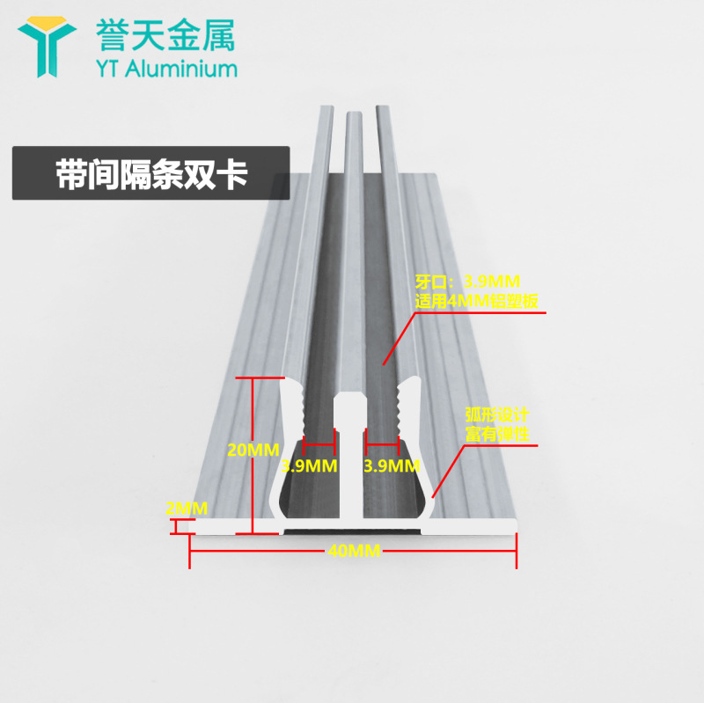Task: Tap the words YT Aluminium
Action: pos(165,69)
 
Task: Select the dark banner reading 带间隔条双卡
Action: pos(150,172)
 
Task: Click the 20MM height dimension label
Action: pos(253,450)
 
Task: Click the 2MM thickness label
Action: pos(186,508)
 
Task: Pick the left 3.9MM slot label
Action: pos(309,465)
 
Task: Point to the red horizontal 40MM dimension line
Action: pos(264,552)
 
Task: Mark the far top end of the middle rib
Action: pos(353,114)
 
